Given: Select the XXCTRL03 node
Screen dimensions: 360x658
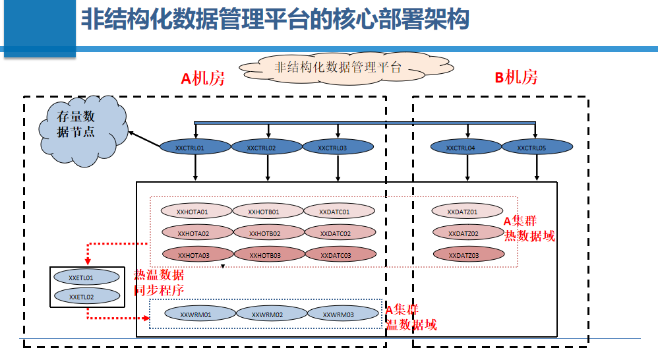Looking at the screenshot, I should [x=338, y=148].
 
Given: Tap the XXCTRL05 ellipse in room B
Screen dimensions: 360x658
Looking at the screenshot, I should [x=531, y=148].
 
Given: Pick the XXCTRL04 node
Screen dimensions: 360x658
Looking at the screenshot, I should [x=460, y=148].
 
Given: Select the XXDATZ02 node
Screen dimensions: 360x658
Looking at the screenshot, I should [x=464, y=233].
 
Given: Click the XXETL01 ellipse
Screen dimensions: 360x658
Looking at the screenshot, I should [x=87, y=278].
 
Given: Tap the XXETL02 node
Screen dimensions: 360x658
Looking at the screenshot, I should [x=87, y=297].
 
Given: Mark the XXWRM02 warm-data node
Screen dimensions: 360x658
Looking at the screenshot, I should [x=268, y=315].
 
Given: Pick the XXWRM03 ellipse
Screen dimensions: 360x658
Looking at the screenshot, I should [x=338, y=315].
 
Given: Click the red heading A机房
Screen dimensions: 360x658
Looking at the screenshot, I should [x=203, y=79].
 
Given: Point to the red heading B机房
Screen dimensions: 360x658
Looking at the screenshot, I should [x=516, y=78].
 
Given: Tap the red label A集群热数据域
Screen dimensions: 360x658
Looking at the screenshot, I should [x=529, y=229].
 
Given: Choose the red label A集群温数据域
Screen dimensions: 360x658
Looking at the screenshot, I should [x=411, y=317].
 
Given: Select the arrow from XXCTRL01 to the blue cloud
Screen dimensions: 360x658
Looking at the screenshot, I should [x=145, y=139].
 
